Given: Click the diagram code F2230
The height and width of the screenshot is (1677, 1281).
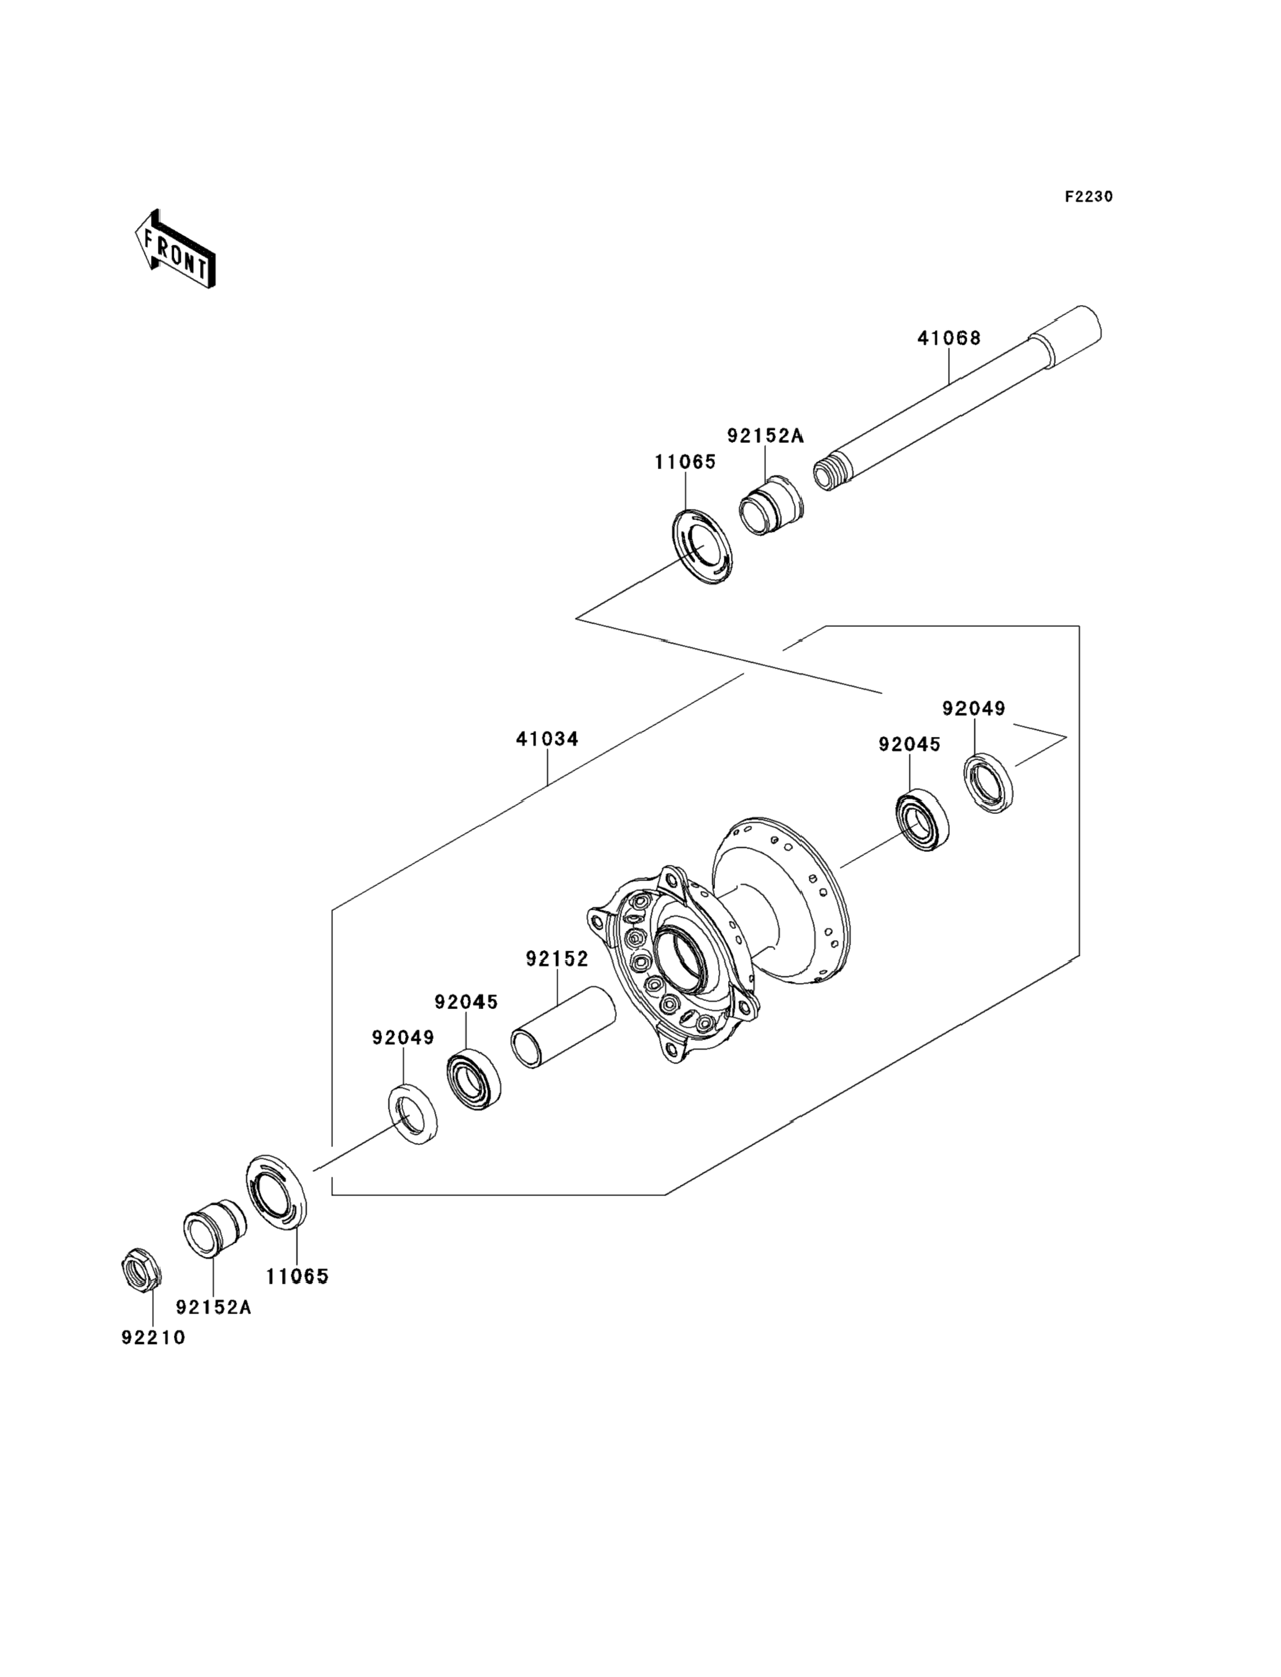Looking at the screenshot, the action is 1089,197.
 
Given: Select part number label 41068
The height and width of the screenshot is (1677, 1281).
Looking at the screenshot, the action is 949,338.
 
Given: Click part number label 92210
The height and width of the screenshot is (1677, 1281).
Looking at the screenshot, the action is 153,1338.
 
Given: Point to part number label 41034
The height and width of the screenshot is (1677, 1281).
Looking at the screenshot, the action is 547,739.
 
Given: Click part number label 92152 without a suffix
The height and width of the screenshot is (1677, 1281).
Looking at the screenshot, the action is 557,959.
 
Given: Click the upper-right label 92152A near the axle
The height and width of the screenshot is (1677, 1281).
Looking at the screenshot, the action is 765,436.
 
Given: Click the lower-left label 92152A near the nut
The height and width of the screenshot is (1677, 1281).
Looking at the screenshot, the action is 214,1307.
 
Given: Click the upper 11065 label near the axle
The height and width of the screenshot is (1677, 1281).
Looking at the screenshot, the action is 685,462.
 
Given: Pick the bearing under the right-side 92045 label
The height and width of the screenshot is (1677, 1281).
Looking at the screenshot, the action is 922,820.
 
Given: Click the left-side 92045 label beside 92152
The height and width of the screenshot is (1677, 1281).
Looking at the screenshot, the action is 466,1002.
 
